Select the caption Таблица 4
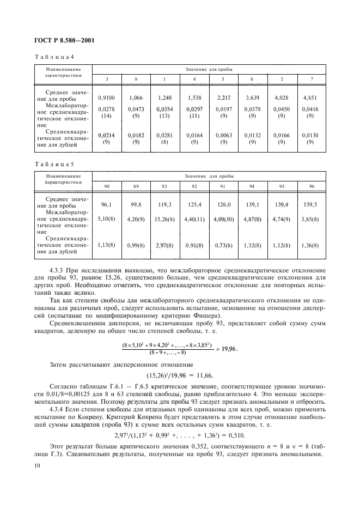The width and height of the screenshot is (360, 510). (x=51, y=57)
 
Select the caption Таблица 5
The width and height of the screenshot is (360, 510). (x=51, y=164)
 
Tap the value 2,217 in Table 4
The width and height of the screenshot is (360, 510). (x=223, y=98)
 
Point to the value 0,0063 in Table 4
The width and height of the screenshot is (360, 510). (x=223, y=135)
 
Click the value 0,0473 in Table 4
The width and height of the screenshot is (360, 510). (x=136, y=109)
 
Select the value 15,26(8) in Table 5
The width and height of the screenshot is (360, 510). (x=164, y=220)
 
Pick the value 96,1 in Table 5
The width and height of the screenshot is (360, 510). (x=107, y=204)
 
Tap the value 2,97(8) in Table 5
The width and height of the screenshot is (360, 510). (x=164, y=246)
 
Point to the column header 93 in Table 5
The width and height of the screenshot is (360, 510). (x=164, y=186)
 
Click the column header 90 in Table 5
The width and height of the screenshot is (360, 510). (x=107, y=186)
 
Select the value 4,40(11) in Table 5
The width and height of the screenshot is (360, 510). (x=193, y=220)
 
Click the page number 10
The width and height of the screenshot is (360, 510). (x=36, y=465)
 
